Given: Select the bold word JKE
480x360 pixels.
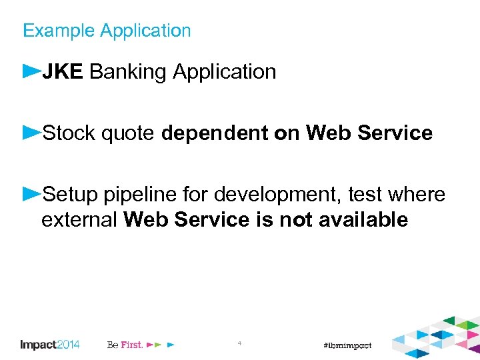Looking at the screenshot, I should pyautogui.click(x=63, y=72).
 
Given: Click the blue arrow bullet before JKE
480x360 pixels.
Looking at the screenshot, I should pyautogui.click(x=31, y=70).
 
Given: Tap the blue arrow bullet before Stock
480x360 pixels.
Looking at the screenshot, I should pyautogui.click(x=31, y=131).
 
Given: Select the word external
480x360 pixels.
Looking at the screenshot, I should pyautogui.click(x=79, y=219).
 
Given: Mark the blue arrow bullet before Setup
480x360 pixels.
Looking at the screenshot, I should pyautogui.click(x=31, y=193).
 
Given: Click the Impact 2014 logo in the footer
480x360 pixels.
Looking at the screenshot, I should pyautogui.click(x=50, y=345).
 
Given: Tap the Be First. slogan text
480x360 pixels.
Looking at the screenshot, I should pyautogui.click(x=125, y=345).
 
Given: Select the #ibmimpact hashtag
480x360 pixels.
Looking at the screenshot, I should pyautogui.click(x=347, y=345).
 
